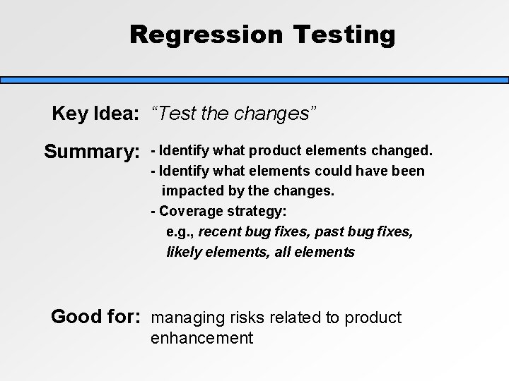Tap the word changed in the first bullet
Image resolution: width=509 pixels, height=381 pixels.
(404, 151)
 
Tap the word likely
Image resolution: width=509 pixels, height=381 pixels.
(183, 252)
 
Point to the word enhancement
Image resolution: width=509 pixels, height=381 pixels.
(201, 339)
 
